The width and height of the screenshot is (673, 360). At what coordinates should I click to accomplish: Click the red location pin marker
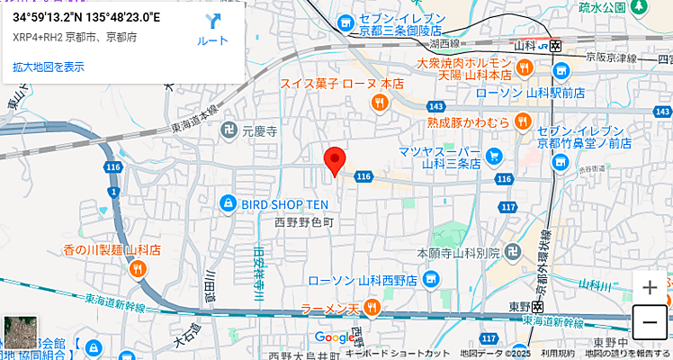(x=335, y=160)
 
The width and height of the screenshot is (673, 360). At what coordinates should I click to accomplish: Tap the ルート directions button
(x=212, y=31)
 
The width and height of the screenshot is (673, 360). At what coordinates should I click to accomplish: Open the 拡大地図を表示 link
(x=49, y=67)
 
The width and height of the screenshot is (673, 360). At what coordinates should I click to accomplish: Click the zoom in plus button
(x=650, y=288)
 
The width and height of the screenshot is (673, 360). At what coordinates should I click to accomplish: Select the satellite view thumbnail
(x=20, y=331)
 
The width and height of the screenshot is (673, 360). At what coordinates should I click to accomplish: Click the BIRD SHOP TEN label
(x=284, y=204)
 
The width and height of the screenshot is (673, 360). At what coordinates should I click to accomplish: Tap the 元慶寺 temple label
(x=257, y=131)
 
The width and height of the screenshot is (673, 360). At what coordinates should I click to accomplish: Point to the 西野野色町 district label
(x=303, y=221)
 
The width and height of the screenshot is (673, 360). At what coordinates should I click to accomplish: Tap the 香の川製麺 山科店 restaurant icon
(x=138, y=267)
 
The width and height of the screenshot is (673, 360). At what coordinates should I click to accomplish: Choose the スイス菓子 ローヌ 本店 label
(x=328, y=83)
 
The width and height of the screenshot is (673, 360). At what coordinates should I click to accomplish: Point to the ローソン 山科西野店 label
(x=362, y=281)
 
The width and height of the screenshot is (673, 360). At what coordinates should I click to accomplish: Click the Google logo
(x=334, y=337)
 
